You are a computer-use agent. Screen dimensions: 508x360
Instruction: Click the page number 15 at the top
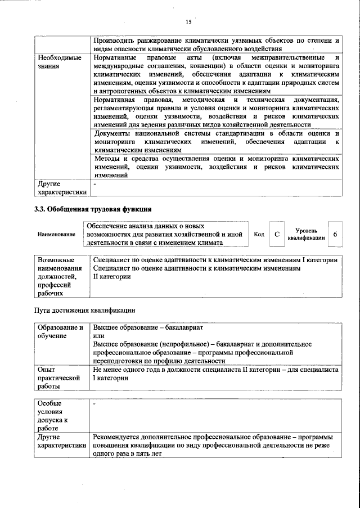click(x=188, y=22)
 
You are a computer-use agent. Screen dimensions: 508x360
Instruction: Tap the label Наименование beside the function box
click(x=56, y=234)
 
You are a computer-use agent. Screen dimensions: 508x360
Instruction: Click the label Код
click(x=259, y=234)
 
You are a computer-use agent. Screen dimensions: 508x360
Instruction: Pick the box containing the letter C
click(x=276, y=234)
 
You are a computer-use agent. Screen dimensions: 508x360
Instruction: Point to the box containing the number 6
click(x=335, y=234)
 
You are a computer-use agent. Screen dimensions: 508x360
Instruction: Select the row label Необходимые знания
click(x=59, y=62)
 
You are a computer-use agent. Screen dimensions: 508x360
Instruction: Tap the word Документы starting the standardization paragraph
click(x=114, y=134)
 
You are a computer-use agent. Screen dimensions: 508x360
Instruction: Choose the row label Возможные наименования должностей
click(x=59, y=276)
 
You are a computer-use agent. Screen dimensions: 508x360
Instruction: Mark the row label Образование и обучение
click(x=60, y=331)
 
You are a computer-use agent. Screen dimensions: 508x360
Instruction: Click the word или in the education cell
click(x=99, y=335)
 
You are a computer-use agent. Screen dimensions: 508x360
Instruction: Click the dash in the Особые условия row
click(x=95, y=404)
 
